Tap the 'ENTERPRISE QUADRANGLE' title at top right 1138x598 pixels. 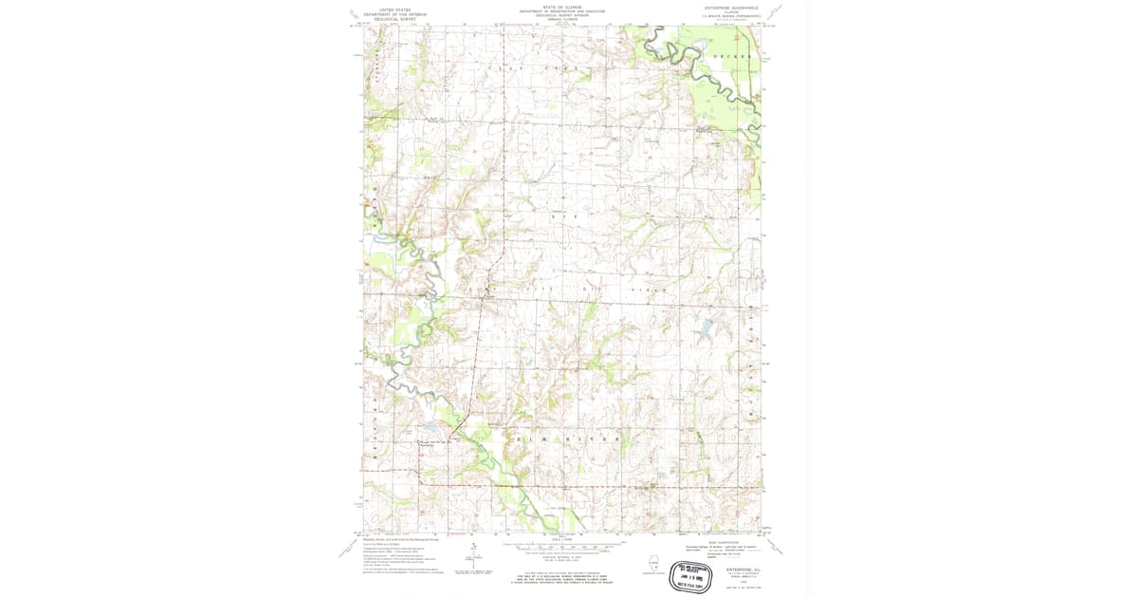pos(726,8)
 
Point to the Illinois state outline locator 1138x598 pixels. pos(652,561)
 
